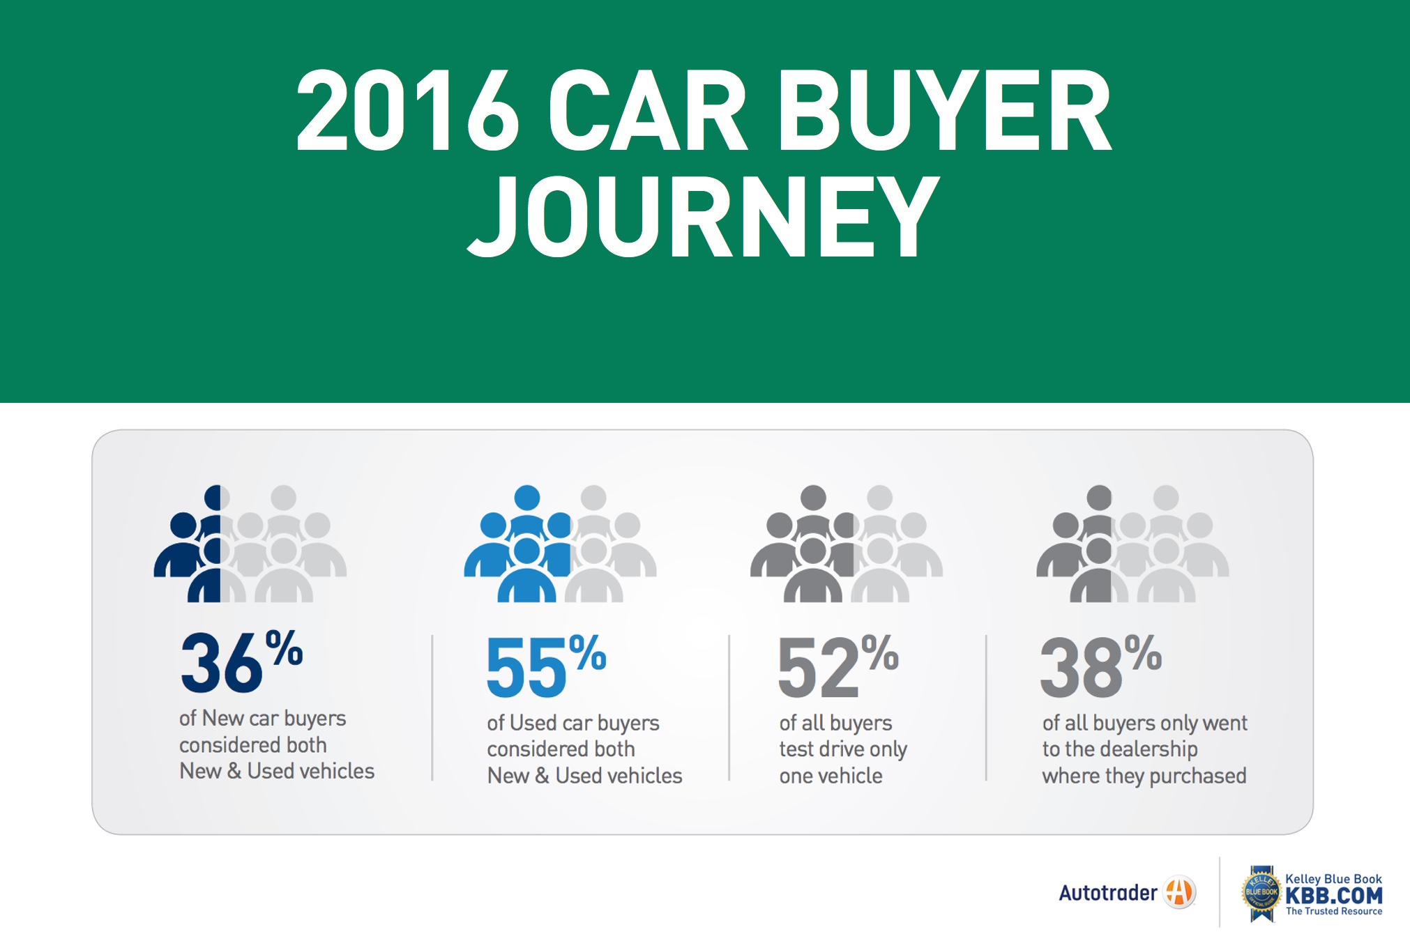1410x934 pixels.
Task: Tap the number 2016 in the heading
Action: [408, 110]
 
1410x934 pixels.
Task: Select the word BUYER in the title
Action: [945, 110]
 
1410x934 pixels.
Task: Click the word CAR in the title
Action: [648, 110]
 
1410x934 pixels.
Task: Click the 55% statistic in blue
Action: [547, 666]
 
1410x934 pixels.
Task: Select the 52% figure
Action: [838, 666]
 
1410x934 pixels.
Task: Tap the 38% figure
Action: [1101, 666]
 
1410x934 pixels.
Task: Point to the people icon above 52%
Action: [846, 544]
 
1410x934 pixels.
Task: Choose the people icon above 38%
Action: [1132, 544]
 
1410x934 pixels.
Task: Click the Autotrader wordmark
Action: [1107, 893]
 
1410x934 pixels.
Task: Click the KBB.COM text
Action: [1333, 896]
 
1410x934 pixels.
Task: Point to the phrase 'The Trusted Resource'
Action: [1333, 912]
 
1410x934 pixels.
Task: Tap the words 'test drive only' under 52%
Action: [843, 749]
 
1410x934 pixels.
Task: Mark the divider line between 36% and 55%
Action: [432, 707]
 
